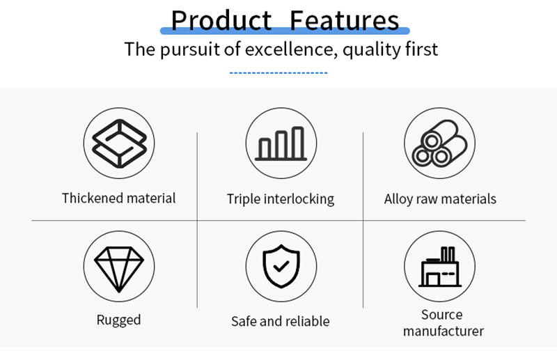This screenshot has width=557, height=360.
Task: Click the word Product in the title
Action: (221, 21)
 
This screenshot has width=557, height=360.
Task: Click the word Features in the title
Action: (344, 21)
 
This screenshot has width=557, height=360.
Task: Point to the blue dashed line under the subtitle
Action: (278, 73)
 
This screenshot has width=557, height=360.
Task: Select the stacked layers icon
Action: (119, 143)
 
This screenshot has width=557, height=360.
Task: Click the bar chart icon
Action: (281, 143)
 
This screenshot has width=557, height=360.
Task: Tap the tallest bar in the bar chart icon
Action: (298, 142)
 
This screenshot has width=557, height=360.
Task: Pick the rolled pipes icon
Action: (440, 143)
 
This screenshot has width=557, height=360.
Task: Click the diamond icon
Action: (119, 269)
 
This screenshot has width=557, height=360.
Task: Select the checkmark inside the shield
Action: (281, 266)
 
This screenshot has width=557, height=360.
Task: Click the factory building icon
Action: (440, 267)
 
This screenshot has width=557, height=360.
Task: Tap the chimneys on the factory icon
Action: (448, 253)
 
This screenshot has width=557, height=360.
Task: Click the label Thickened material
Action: (118, 198)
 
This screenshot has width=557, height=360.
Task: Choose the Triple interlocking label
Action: (281, 199)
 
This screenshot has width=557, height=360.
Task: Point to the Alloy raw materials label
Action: (440, 199)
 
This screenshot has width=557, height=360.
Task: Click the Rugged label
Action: (118, 320)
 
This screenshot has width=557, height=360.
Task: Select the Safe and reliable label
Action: (281, 321)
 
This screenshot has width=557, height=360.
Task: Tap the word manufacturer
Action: (444, 331)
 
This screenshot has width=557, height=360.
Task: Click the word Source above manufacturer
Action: (442, 315)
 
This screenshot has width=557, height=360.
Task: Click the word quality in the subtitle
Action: (367, 49)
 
